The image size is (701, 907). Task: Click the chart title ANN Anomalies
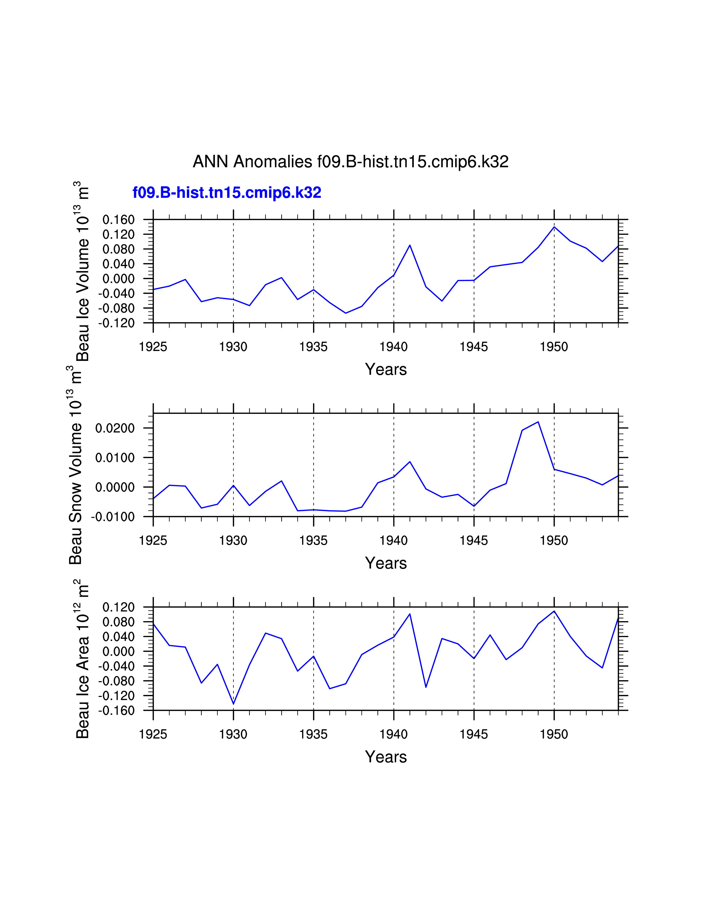tap(350, 162)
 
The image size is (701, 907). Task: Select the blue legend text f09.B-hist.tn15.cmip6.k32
tap(227, 193)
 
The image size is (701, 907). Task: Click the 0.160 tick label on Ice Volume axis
tap(119, 220)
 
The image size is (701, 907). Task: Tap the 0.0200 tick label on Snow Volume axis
tap(115, 428)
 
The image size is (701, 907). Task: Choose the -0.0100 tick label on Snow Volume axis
tap(113, 517)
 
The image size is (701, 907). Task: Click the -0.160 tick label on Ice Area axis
tap(117, 710)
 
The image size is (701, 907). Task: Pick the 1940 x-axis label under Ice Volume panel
tap(393, 347)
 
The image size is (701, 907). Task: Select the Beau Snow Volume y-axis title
tap(76, 465)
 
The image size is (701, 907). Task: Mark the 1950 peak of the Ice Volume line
tap(554, 227)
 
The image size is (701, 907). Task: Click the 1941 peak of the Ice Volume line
tap(410, 245)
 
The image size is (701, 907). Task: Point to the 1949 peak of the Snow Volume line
tap(538, 422)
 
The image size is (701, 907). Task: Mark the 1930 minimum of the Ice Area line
tap(233, 704)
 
